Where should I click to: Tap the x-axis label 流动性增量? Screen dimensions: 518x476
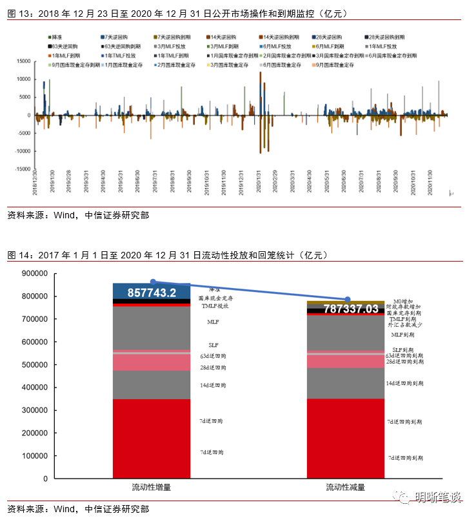pos(152,486)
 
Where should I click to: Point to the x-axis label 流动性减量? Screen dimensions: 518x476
pos(347,486)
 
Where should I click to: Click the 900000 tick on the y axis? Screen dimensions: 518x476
pos(34,274)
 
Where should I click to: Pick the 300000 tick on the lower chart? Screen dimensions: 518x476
pos(34,410)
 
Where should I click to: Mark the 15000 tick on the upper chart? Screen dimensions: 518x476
pos(23,61)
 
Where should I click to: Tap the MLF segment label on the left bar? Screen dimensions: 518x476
pos(213,321)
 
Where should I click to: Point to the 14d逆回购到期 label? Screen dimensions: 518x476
pos(404,383)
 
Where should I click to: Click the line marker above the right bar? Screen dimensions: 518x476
pos(348,299)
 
